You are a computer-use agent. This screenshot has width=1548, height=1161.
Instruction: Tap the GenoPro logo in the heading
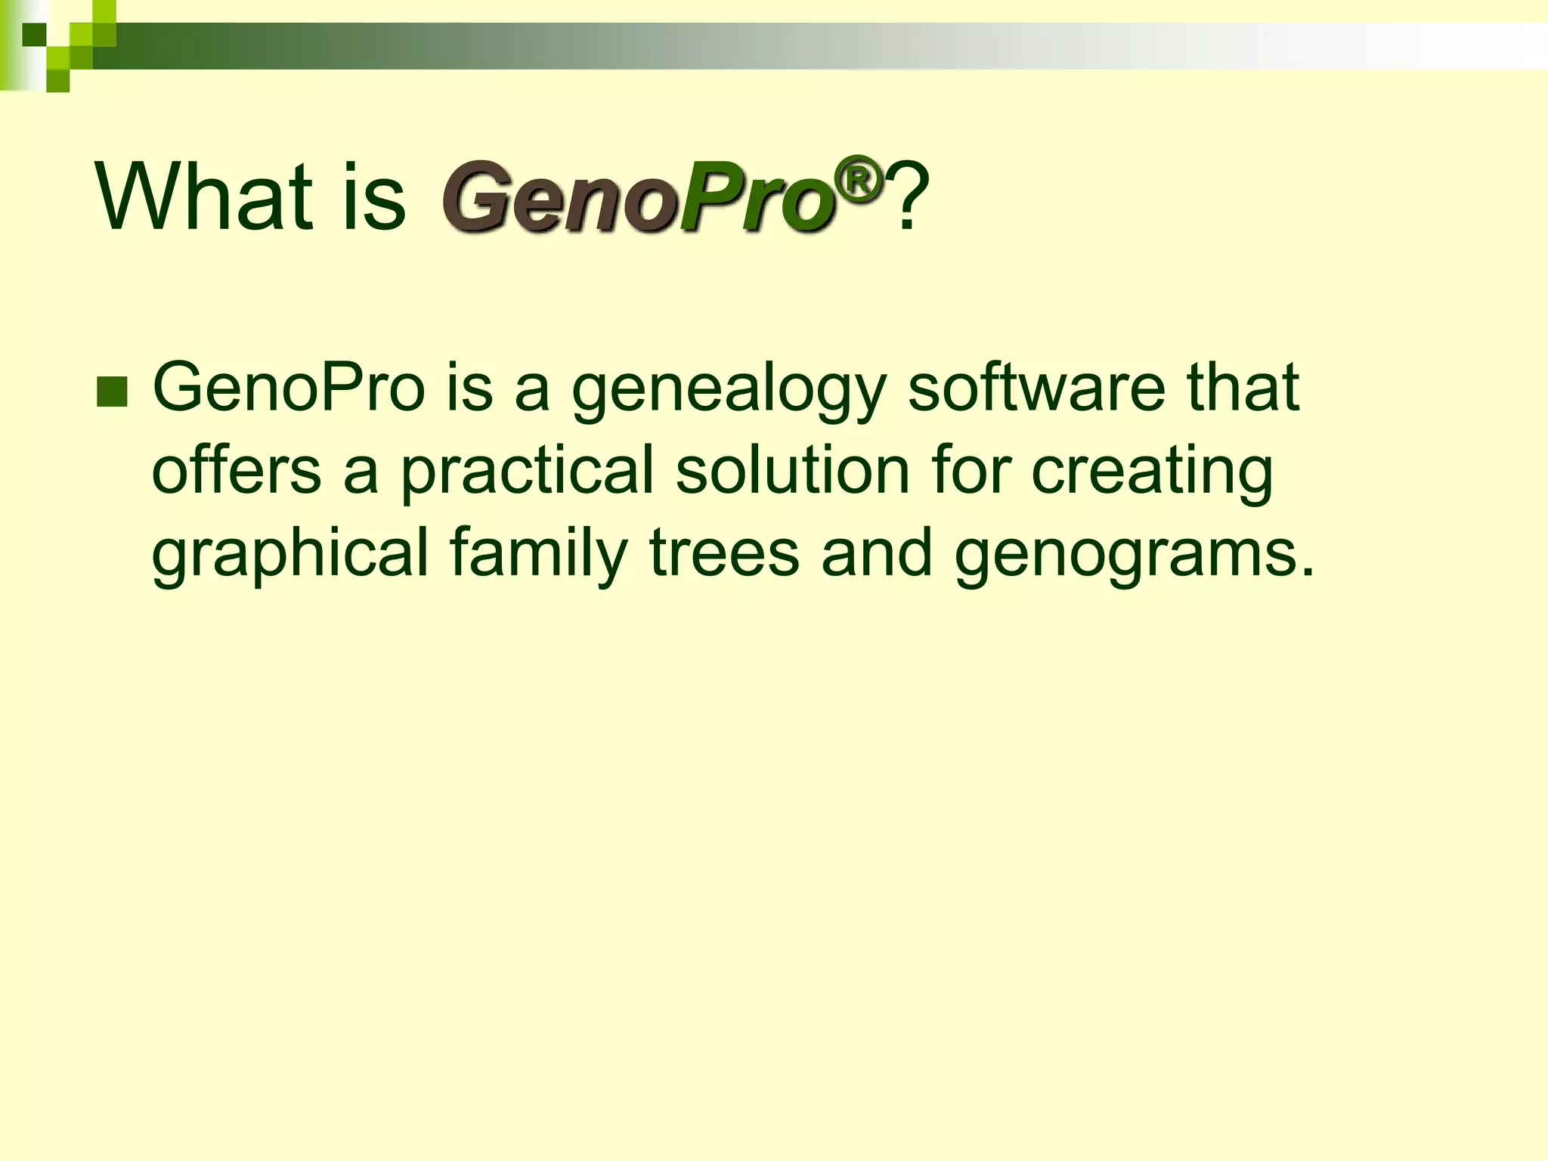(639, 198)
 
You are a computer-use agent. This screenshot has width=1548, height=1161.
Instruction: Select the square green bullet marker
(112, 392)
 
